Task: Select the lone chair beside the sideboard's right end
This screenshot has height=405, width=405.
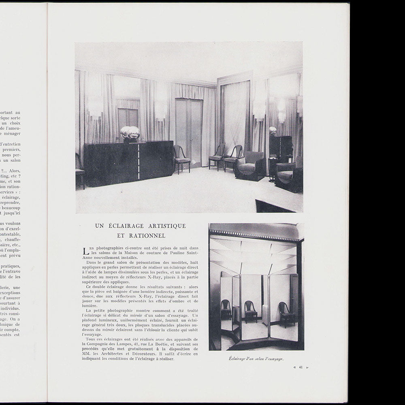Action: pyautogui.click(x=181, y=158)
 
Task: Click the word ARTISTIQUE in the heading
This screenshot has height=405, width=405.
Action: pyautogui.click(x=165, y=226)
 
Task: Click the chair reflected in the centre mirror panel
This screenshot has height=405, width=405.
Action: pyautogui.click(x=251, y=311)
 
